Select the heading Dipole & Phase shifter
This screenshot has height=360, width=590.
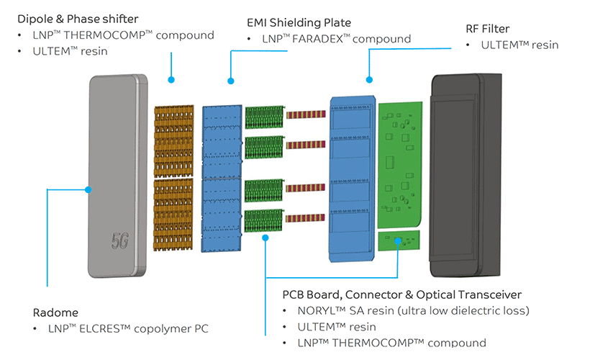click(x=78, y=19)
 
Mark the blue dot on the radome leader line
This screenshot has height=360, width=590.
click(x=88, y=190)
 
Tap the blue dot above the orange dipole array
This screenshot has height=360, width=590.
click(x=171, y=79)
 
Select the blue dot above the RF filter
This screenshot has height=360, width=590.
click(x=369, y=79)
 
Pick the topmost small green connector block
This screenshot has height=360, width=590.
click(x=263, y=116)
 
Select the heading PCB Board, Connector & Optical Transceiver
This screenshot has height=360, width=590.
click(x=402, y=294)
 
